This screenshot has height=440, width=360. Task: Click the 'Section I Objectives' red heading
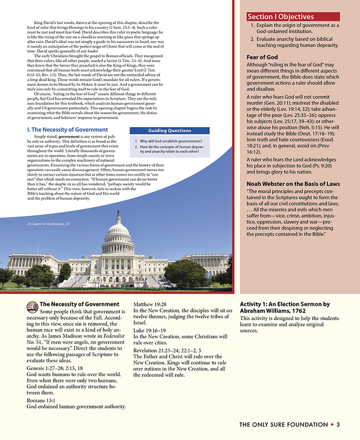click(280, 17)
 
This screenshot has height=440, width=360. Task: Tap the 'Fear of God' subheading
click(262, 57)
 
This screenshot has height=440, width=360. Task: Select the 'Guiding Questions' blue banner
click(169, 131)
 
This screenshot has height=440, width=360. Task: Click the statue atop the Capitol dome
click(118, 212)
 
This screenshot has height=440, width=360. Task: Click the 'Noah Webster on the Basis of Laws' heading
click(286, 184)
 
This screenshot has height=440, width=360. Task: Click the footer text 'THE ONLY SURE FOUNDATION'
click(283, 425)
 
